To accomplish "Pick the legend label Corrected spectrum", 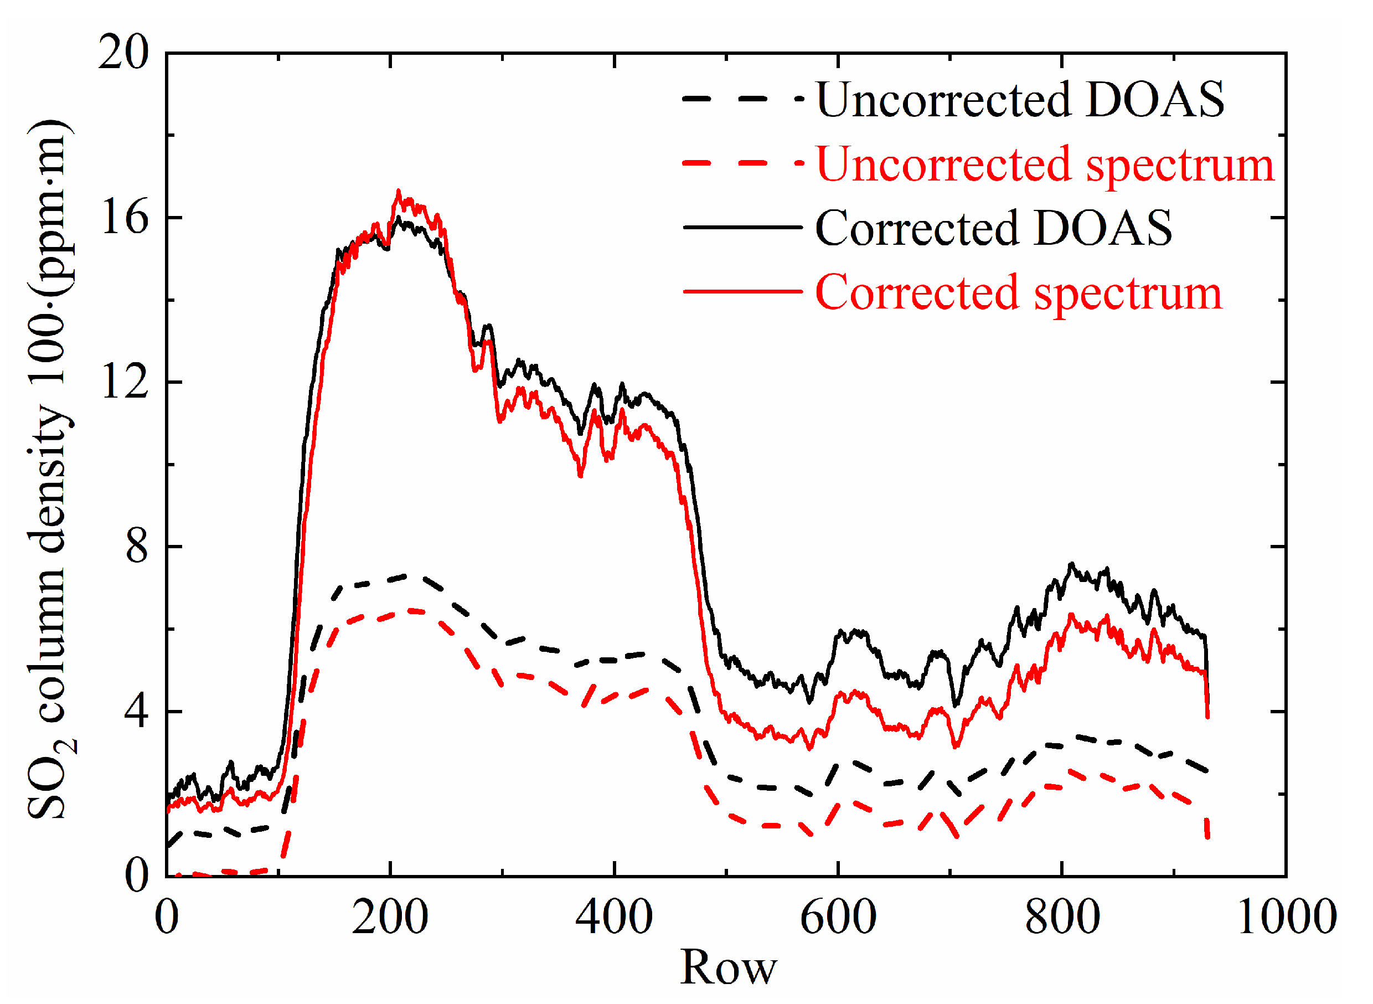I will [x=1019, y=292].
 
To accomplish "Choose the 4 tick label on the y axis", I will [x=136, y=712].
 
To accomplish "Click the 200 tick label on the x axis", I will [x=390, y=918].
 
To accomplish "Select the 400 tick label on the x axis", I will [x=614, y=918].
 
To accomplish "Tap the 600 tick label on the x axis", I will [x=838, y=918].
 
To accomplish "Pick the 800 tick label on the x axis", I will [x=1062, y=918].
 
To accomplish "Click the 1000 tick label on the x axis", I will [x=1287, y=918].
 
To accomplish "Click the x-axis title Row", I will [x=729, y=967].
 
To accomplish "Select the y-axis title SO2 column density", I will [x=51, y=468].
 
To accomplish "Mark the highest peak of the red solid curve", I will [x=399, y=192].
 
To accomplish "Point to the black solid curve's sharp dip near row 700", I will [x=956, y=706].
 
